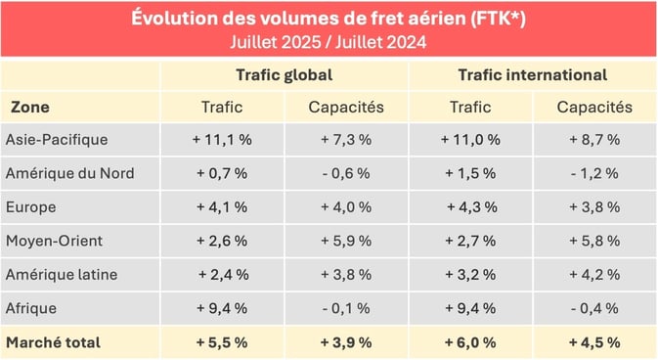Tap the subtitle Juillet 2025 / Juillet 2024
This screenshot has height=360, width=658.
329,42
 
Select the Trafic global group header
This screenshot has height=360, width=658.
284,74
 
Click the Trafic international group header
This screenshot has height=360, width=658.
532,74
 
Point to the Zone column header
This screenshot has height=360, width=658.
30,107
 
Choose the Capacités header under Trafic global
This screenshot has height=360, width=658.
346,107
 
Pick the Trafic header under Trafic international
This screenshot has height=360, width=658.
470,107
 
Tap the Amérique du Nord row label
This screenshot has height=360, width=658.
69,173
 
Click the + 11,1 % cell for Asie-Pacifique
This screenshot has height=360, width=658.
222,140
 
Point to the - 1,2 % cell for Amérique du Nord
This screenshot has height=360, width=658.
594,173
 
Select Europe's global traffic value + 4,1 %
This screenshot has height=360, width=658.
222,207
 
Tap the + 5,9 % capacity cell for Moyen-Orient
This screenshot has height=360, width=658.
346,241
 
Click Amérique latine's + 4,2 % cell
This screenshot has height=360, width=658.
594,275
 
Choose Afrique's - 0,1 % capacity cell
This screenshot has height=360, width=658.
346,308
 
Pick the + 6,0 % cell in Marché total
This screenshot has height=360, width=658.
470,342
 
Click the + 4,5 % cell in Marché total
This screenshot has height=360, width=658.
594,342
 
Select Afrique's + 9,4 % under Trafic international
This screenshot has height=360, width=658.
470,308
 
